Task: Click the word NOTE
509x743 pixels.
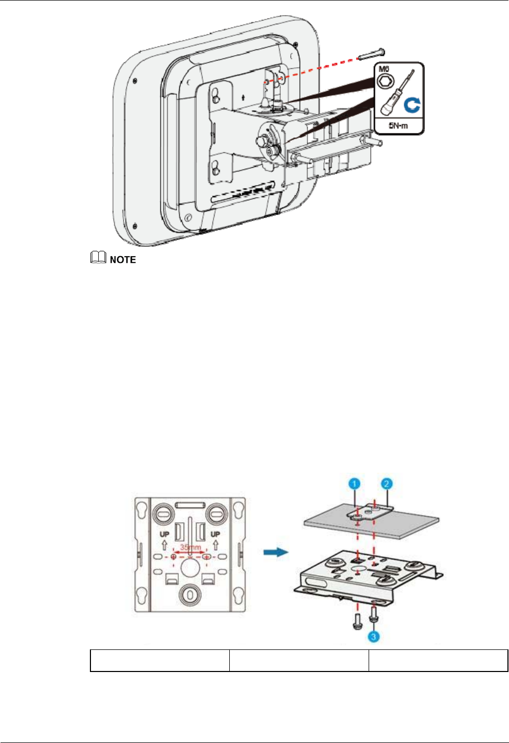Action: [x=123, y=260]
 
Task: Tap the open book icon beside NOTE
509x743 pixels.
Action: [x=98, y=258]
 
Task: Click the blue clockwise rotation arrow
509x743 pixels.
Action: [x=412, y=105]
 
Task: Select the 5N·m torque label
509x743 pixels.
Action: [x=398, y=126]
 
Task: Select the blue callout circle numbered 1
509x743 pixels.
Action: [x=355, y=483]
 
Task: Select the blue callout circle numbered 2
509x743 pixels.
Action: [x=388, y=483]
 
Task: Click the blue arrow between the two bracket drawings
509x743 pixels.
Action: [x=276, y=552]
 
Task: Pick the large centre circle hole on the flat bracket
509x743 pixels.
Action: [x=189, y=567]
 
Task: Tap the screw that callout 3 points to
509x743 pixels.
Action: [x=374, y=615]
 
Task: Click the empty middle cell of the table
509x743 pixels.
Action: [x=299, y=660]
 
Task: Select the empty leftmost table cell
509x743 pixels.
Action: [x=160, y=660]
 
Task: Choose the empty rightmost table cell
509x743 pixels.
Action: [x=438, y=660]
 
